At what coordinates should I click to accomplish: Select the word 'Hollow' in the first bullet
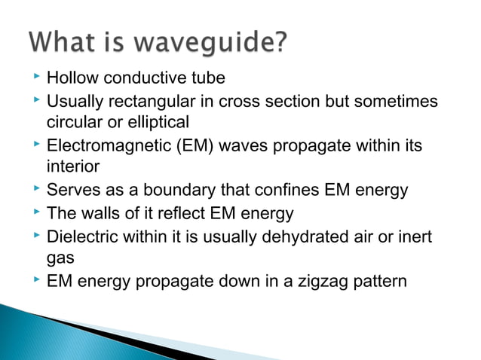coord(72,78)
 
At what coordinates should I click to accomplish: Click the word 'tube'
coord(209,78)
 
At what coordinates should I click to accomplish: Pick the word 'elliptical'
coord(155,121)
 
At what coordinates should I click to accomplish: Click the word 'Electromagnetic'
coord(104,145)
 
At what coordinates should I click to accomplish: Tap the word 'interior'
coord(72,165)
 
